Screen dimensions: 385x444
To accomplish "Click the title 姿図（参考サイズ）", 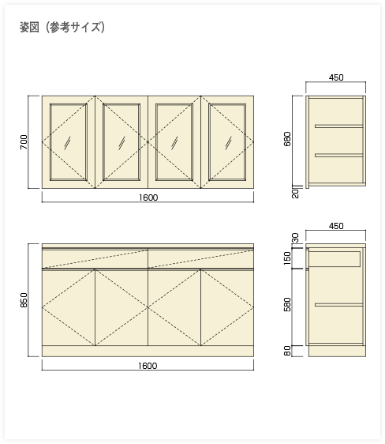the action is [x=62, y=28].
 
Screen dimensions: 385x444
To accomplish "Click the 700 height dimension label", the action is [x=24, y=142].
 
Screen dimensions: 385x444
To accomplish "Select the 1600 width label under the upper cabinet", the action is [x=148, y=198].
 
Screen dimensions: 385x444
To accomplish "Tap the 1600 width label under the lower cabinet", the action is [x=148, y=366].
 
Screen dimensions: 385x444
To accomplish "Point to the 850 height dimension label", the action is [x=24, y=300].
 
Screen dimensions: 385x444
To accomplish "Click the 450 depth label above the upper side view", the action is [x=336, y=77].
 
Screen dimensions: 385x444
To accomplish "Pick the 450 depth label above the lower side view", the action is [x=336, y=226].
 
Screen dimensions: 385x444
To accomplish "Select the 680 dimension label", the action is [x=287, y=139].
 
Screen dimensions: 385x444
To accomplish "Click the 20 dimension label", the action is [x=295, y=194].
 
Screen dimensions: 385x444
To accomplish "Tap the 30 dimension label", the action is [x=295, y=238].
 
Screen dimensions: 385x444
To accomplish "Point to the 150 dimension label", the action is [x=287, y=258].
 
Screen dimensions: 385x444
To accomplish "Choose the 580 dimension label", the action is [x=287, y=304].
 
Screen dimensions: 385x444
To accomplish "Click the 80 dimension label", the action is [x=287, y=351].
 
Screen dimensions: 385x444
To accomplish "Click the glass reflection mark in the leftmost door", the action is [x=67, y=143].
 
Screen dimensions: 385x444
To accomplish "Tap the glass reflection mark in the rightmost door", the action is [x=228, y=143].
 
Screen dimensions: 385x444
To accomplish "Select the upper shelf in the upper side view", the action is [x=339, y=126].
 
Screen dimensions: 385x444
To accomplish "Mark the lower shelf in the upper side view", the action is [x=339, y=155].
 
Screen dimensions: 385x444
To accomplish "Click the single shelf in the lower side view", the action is [x=339, y=305].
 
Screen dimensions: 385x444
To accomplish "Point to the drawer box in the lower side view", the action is [x=335, y=259].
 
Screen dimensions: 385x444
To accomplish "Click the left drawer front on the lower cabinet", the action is [x=95, y=258].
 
